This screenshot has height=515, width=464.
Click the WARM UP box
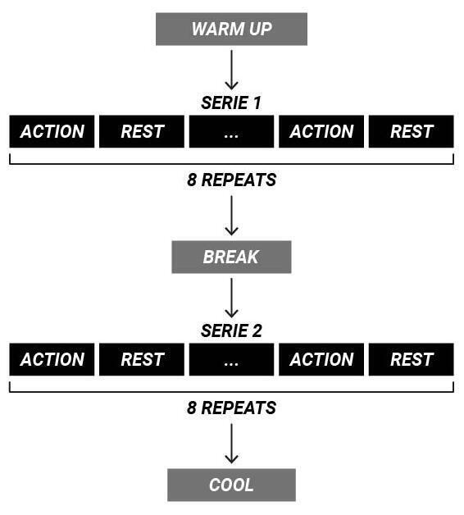point(231,29)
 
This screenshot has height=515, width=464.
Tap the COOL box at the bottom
point(231,485)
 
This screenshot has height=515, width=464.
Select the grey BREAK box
point(231,257)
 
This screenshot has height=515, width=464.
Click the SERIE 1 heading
point(231,103)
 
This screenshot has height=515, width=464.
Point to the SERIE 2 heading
point(231,330)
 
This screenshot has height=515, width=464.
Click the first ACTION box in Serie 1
point(52,131)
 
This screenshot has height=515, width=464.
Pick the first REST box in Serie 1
point(142,131)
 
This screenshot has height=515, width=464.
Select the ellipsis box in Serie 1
point(231,131)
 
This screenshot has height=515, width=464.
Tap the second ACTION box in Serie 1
point(321,131)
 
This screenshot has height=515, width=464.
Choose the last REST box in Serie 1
point(412,131)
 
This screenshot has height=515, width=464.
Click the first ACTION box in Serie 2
point(52,359)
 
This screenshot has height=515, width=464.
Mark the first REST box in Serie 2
point(142,359)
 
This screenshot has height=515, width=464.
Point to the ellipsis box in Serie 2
point(231,359)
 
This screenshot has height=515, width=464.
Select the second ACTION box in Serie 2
point(321,359)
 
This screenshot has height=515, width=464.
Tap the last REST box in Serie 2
point(412,359)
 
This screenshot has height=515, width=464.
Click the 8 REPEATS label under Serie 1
point(231,180)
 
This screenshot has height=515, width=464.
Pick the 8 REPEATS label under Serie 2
point(231,408)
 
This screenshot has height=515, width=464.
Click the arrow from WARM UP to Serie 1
point(231,70)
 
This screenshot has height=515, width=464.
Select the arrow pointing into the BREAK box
point(231,216)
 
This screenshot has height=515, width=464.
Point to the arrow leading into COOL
point(231,444)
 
